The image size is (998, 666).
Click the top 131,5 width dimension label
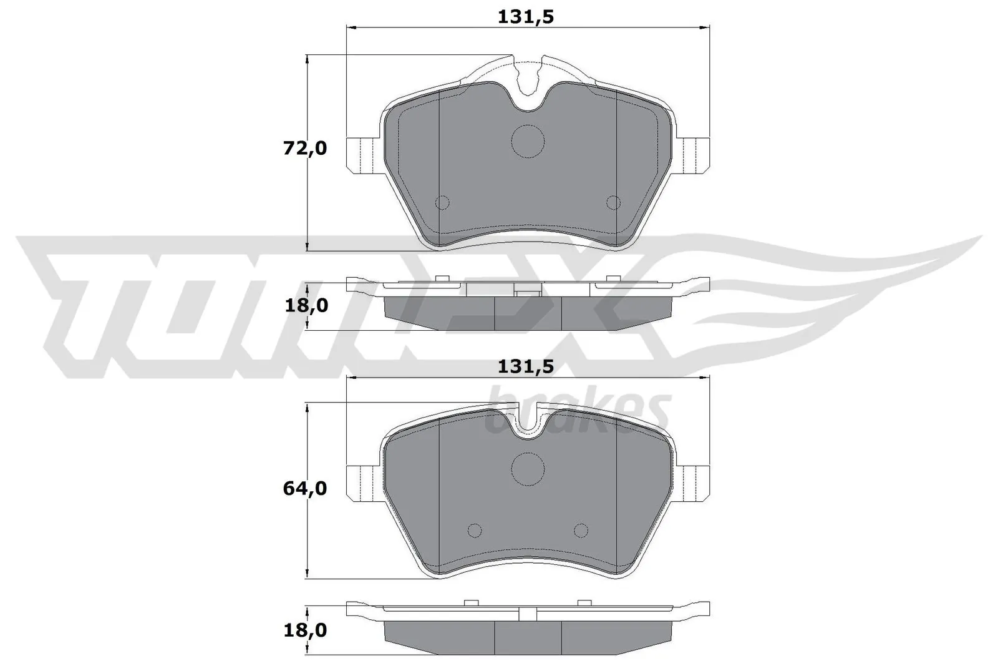coord(526,17)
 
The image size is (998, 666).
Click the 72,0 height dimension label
coord(305,149)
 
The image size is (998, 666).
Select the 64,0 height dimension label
coord(305,488)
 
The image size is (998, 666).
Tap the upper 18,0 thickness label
coord(305,305)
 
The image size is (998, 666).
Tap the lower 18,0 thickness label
coord(305,630)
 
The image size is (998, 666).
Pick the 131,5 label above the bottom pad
coord(526,367)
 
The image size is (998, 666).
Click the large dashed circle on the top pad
coord(528,140)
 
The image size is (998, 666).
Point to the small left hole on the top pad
coord(442,202)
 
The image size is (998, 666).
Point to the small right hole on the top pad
coord(614,202)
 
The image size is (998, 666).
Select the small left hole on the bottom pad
coord(475,531)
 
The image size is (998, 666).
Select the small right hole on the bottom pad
coord(581,531)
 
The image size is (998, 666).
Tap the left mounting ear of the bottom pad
coord(362,482)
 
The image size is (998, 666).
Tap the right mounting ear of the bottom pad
coord(694,482)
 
